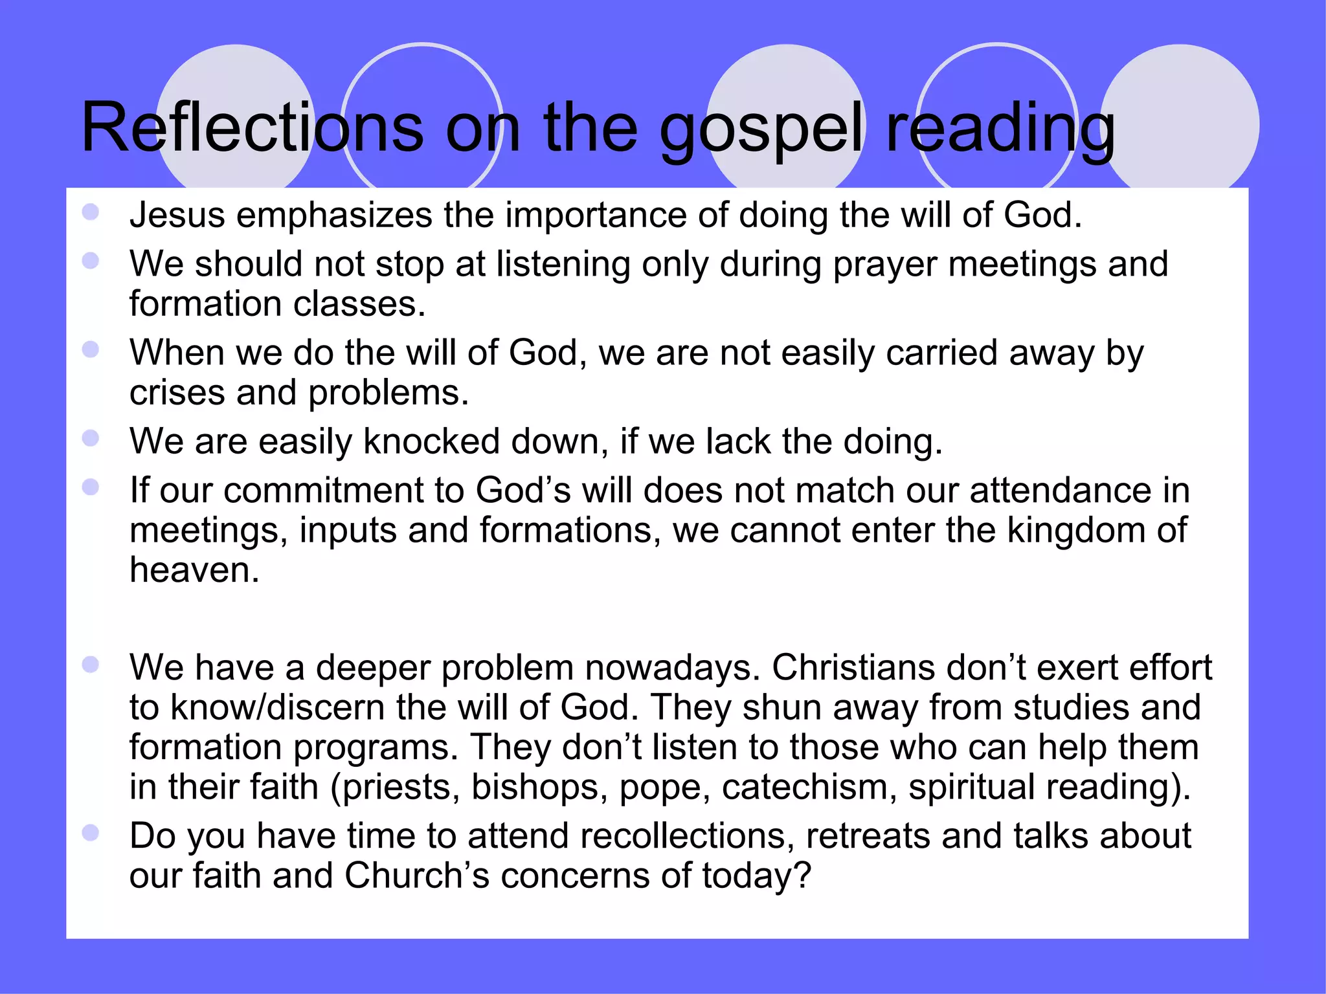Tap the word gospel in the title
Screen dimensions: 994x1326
[761, 129]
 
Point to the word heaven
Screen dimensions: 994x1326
[194, 570]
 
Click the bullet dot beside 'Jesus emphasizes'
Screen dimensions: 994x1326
[91, 212]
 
